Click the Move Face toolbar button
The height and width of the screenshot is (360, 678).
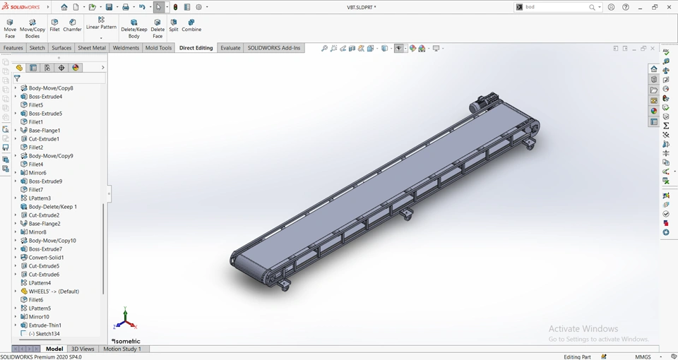point(10,28)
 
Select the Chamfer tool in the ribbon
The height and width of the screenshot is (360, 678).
point(72,25)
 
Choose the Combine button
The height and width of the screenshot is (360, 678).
point(191,25)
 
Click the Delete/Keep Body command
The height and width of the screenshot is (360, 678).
point(134,28)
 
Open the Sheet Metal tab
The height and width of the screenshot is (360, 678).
point(92,48)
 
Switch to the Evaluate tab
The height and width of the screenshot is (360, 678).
point(230,48)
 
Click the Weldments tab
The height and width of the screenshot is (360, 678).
point(126,48)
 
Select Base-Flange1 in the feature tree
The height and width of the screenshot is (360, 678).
point(44,131)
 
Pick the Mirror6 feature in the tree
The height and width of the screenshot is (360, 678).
point(37,173)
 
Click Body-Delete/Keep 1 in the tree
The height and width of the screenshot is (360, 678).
point(52,207)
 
